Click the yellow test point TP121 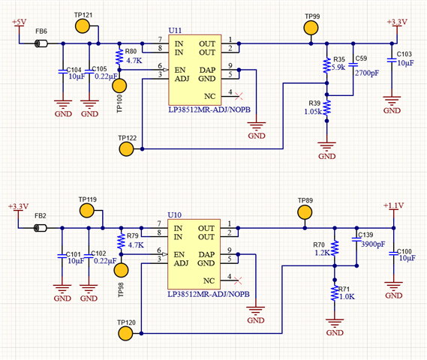(83, 26)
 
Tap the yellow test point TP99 (311, 28)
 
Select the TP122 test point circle (126, 148)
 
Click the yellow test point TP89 (305, 212)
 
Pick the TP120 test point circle (125, 333)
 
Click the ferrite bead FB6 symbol (41, 43)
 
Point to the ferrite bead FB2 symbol (41, 228)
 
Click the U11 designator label (175, 30)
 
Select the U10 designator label (175, 215)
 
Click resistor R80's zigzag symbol (119, 56)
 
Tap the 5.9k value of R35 (338, 67)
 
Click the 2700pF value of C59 (367, 73)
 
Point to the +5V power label (19, 22)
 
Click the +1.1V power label (393, 205)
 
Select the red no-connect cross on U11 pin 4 (239, 96)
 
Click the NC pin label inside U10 (209, 280)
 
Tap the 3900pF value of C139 (373, 244)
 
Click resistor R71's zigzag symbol (335, 293)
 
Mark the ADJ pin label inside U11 (182, 79)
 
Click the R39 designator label (314, 103)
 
